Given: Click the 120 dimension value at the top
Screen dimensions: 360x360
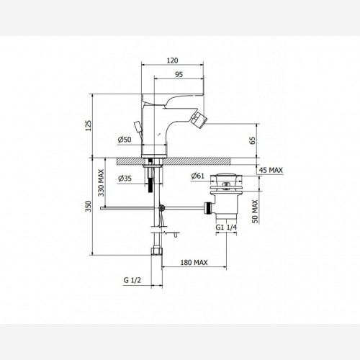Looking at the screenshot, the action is coord(172,60).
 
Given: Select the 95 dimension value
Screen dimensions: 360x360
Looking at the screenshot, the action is coord(179,75).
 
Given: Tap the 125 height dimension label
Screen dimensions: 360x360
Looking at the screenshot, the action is coord(89,125).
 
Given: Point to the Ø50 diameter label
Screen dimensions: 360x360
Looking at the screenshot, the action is coord(125,140).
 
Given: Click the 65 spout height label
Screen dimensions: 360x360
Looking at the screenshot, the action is coord(253,140).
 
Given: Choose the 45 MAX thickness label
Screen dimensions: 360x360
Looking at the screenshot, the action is coord(271,170).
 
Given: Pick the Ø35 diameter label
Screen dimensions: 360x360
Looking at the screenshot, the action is coord(125,179).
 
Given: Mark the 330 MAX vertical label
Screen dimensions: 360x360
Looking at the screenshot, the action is coord(102,183).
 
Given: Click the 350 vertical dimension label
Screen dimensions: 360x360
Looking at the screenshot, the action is coord(89,206).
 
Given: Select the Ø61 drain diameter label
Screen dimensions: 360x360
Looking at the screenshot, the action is coord(198,176).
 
